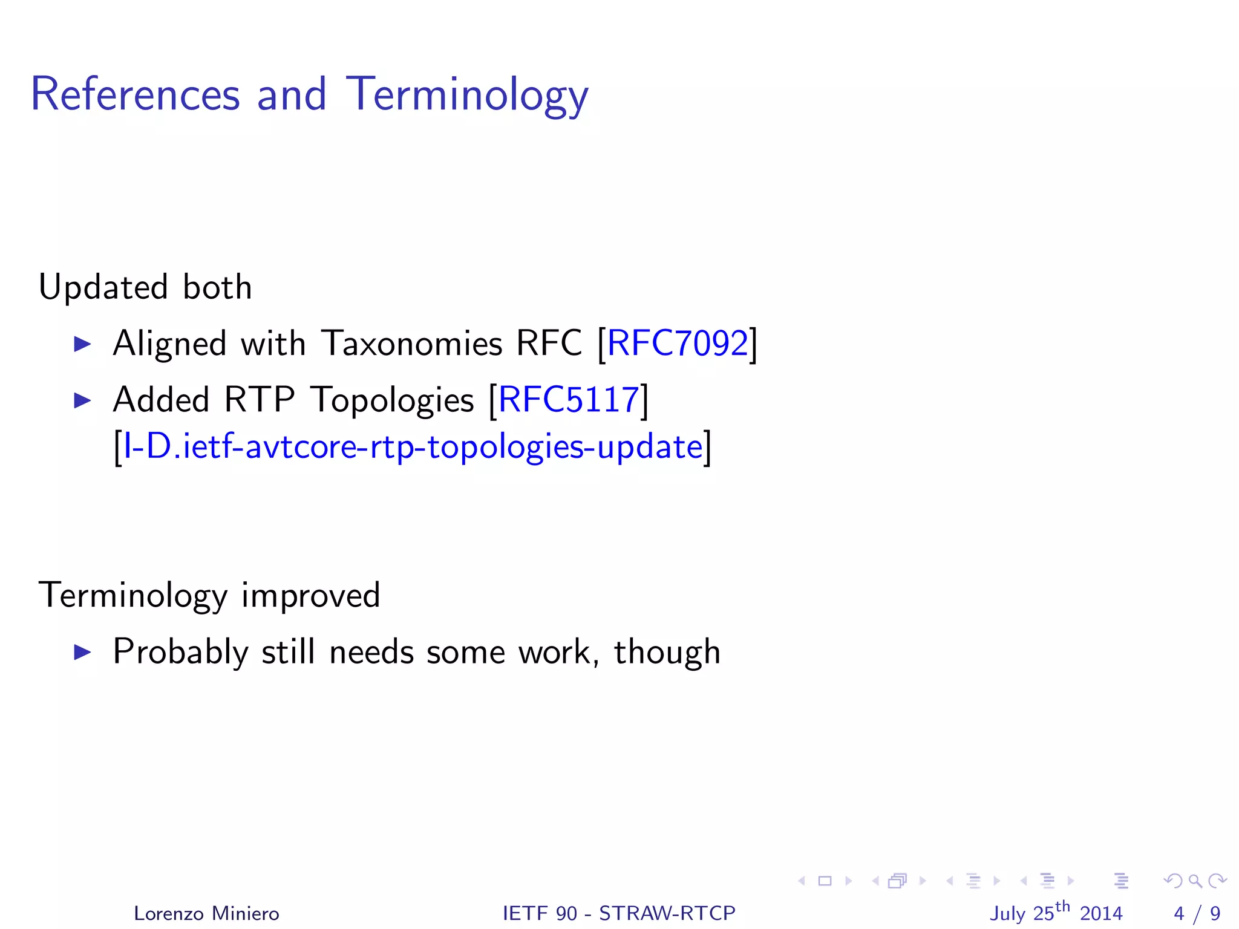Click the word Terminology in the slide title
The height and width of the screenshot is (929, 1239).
(x=466, y=95)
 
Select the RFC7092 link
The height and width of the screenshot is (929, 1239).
(x=678, y=344)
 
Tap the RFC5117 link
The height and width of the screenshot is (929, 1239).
(x=569, y=400)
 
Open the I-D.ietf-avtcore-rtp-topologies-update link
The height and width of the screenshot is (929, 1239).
(x=413, y=447)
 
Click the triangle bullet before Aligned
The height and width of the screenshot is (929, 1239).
(x=82, y=344)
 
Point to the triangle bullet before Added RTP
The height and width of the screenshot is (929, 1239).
(x=82, y=400)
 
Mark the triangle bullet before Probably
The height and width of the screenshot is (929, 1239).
(x=82, y=652)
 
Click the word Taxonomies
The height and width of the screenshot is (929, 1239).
(x=411, y=344)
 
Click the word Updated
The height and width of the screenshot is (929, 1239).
(x=103, y=287)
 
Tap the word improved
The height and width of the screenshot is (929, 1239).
(x=310, y=596)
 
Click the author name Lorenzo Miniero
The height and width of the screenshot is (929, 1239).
(x=206, y=913)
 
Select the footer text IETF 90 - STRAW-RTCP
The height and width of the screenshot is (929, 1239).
(x=619, y=913)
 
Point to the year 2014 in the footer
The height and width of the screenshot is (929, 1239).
(x=1101, y=913)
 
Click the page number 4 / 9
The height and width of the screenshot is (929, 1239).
(x=1197, y=913)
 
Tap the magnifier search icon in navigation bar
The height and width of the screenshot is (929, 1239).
(x=1195, y=881)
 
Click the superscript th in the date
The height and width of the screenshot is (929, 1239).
(x=1062, y=907)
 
